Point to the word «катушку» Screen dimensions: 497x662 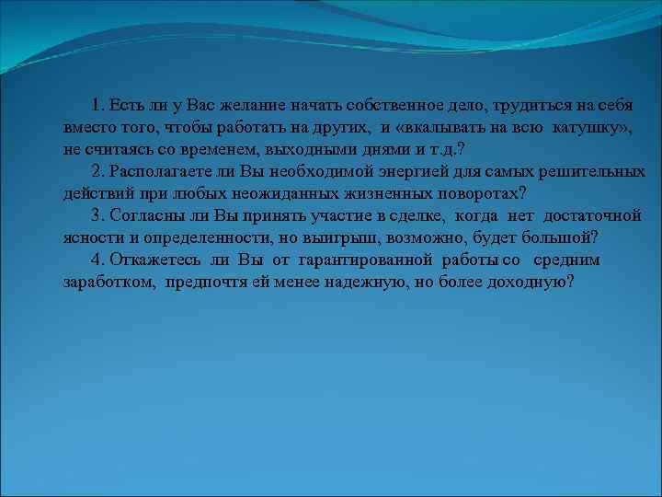tap(587, 126)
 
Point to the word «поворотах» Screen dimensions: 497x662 tap(467, 193)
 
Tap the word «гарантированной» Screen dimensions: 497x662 tap(366, 260)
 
